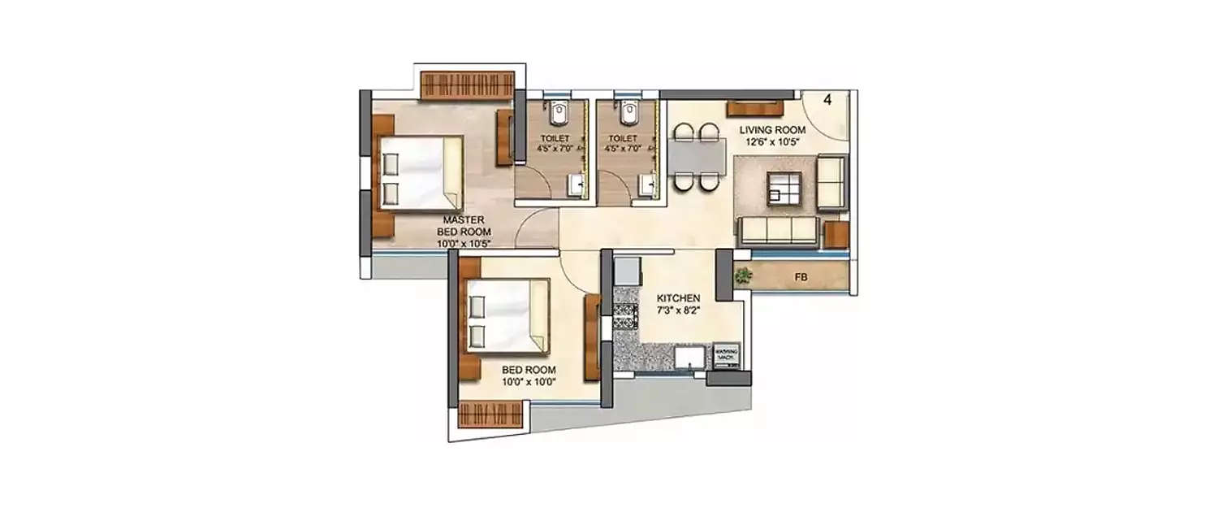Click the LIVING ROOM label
(x=771, y=130)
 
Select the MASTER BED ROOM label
(x=464, y=225)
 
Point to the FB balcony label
(x=801, y=278)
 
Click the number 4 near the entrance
(x=827, y=101)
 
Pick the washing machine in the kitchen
(x=725, y=354)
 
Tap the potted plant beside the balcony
(x=741, y=276)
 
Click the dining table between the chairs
(x=697, y=156)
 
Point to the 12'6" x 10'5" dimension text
(x=771, y=143)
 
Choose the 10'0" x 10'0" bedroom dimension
(x=529, y=382)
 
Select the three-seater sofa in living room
(x=778, y=231)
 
